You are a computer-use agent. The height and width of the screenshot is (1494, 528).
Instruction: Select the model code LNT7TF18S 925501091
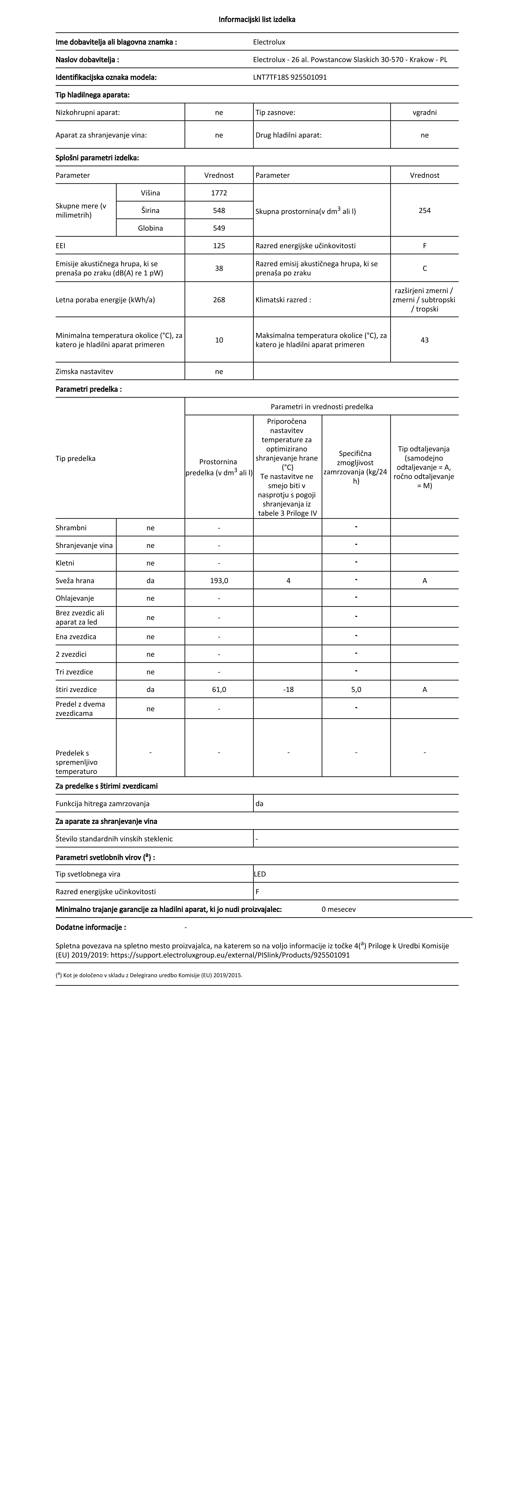[x=290, y=77]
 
